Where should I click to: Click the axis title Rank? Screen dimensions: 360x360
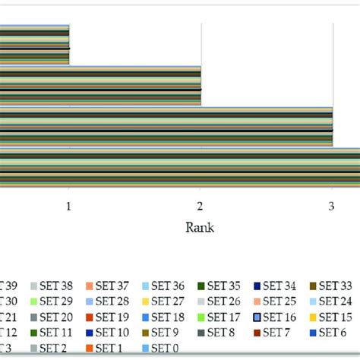click(x=201, y=227)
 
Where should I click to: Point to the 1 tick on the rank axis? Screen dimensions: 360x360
click(x=69, y=206)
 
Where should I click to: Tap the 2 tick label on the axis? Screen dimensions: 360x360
click(x=201, y=206)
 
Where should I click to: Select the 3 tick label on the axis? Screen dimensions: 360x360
click(x=331, y=206)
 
